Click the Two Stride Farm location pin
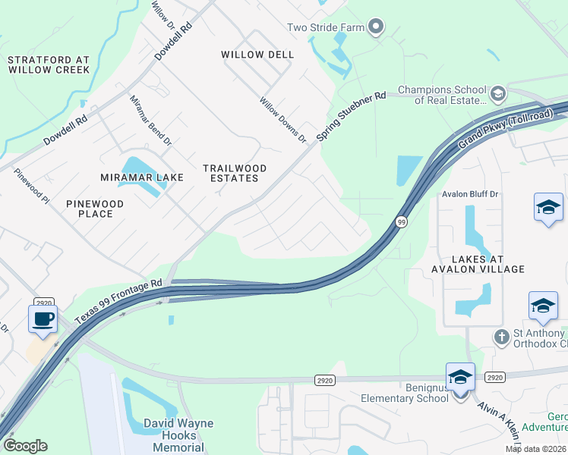click(376, 28)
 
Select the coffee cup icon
click(43, 318)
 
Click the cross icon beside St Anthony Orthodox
click(500, 334)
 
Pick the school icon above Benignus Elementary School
click(460, 377)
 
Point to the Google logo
click(25, 445)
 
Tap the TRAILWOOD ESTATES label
click(231, 173)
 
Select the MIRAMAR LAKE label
click(142, 177)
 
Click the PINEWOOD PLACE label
click(95, 209)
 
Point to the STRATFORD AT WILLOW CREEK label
click(49, 64)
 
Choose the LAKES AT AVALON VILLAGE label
click(478, 263)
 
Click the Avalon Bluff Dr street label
click(470, 194)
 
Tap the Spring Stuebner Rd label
click(352, 116)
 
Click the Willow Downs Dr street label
click(282, 120)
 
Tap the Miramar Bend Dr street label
click(150, 121)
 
